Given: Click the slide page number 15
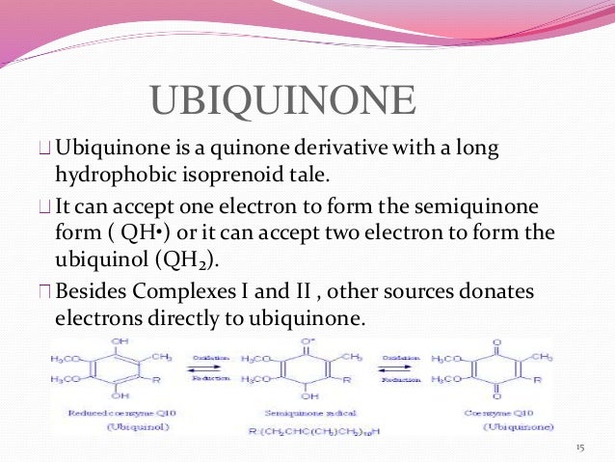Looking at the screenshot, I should point(579,447).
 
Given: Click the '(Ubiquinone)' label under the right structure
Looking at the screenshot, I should point(502,425).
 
